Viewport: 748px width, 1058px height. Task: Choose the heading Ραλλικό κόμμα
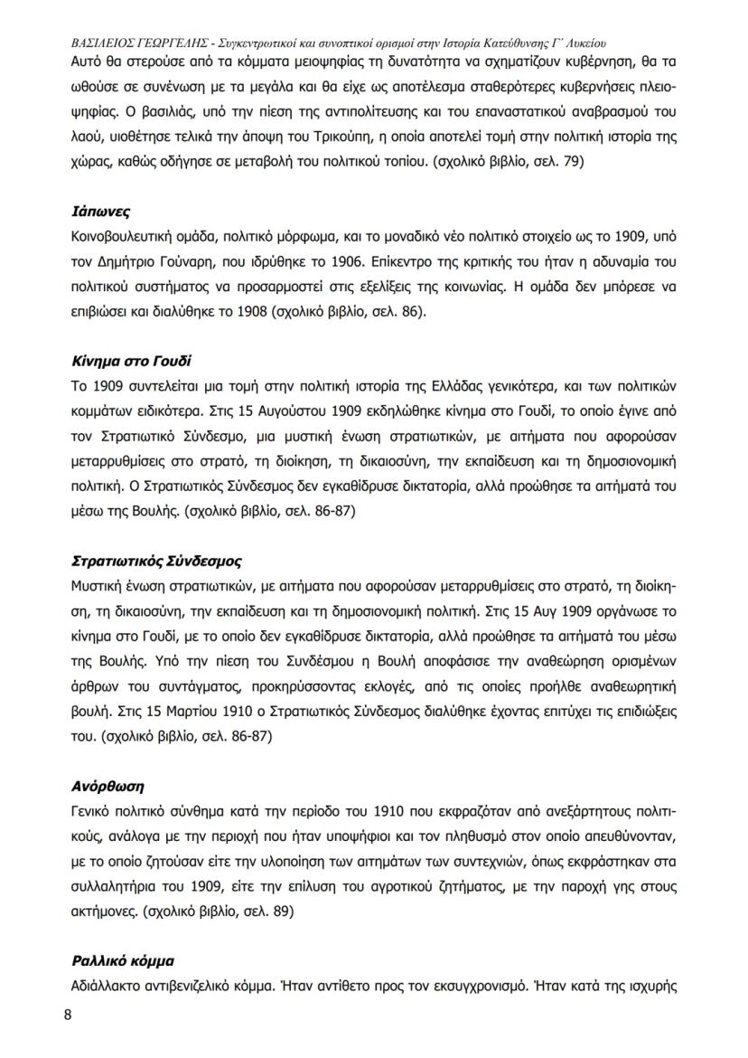click(x=122, y=959)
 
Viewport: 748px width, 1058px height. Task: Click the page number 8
click(x=68, y=1014)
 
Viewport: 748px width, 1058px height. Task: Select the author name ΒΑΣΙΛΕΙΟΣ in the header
click(x=108, y=43)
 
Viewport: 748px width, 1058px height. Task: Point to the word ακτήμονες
click(x=104, y=912)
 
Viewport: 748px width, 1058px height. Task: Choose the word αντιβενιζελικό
click(x=186, y=984)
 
